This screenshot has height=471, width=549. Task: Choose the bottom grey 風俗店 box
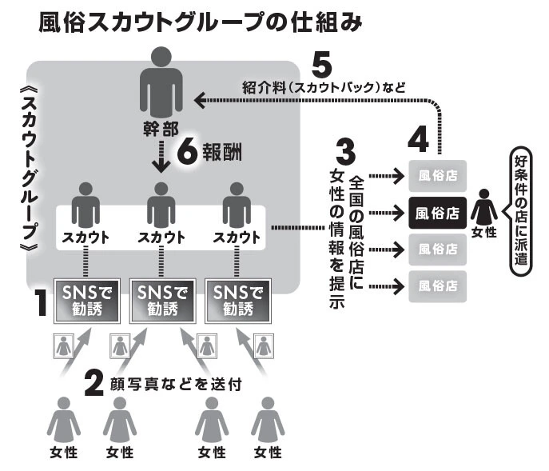click(436, 284)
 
